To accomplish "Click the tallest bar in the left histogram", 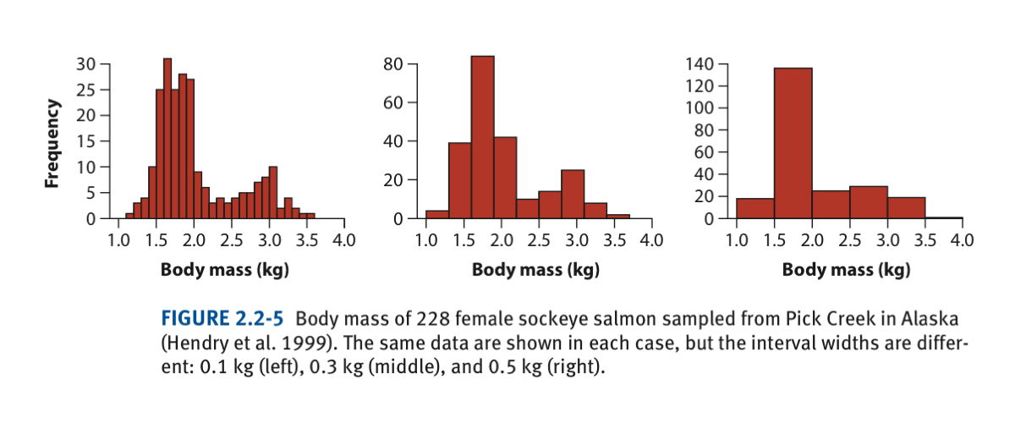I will click(167, 140).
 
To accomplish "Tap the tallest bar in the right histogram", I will click(793, 144).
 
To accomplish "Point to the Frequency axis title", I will click(53, 144).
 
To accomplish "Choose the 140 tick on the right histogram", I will click(704, 64).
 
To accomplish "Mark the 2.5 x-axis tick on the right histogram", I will click(849, 239).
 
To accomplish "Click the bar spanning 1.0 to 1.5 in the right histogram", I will click(755, 209).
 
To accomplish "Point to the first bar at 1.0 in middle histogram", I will click(437, 214).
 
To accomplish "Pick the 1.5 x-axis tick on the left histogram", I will click(156, 239).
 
